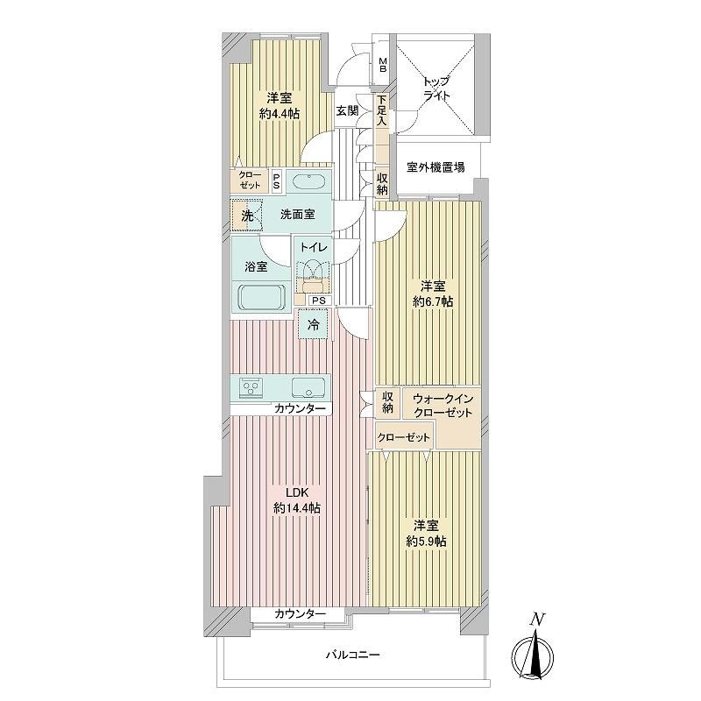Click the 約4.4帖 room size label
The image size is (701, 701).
pos(279,114)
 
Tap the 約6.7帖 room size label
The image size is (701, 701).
pos(433,301)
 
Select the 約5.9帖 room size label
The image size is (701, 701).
pos(426,542)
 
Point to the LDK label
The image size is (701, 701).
pos(297,492)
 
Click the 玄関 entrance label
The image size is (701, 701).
pos(347,110)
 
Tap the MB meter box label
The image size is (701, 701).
pos(383,65)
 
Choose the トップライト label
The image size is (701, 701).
pos(436,89)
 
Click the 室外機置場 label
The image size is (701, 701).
pos(435,167)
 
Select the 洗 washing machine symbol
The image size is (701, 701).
pos(247,216)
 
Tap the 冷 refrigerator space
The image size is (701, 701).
pos(314,324)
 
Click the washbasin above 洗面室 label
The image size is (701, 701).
pos(308,181)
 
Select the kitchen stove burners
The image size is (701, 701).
pos(251,387)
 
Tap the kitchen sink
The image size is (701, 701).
pos(308,387)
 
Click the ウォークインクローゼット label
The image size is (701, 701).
pos(443,405)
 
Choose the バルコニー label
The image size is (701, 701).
pos(352,655)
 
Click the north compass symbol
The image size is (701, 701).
pos(533,654)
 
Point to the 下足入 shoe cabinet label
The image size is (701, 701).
pos(381,110)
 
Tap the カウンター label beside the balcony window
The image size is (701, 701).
pos(300,614)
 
